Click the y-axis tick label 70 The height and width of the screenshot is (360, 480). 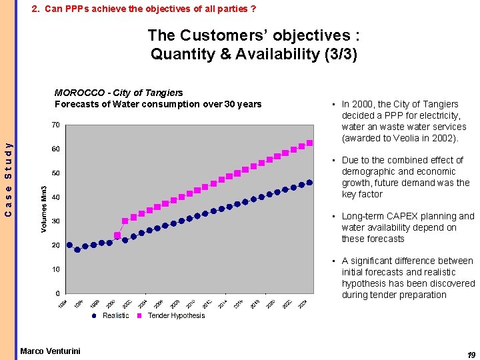click(56, 125)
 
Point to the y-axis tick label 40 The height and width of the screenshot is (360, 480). click(56, 197)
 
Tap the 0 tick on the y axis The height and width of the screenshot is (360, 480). click(58, 293)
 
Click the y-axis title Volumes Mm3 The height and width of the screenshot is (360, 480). click(44, 209)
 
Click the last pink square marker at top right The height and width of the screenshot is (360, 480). click(309, 143)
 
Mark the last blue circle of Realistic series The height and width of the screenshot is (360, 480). click(309, 183)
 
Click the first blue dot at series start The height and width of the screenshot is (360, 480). click(69, 245)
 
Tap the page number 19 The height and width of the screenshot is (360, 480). click(471, 355)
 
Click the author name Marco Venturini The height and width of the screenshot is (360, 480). click(50, 351)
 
